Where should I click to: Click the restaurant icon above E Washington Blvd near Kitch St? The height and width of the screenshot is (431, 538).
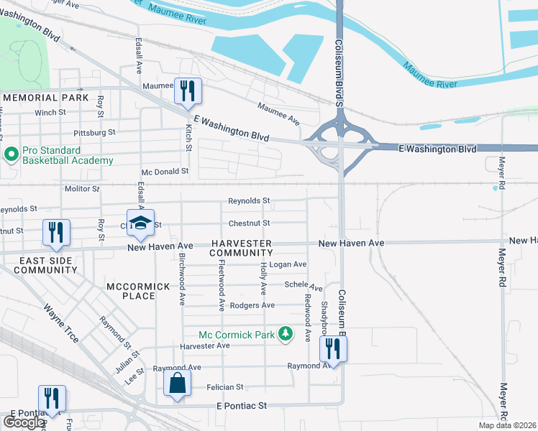click(188, 91)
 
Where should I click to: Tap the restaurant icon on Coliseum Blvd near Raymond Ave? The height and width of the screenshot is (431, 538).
click(334, 348)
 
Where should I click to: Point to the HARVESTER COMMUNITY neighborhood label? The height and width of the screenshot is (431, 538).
click(241, 248)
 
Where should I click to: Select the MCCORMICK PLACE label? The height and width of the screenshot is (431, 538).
click(138, 287)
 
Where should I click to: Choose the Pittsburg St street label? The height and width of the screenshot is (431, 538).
click(94, 133)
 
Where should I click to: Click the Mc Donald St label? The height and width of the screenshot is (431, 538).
click(165, 172)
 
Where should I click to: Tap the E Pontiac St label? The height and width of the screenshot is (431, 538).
click(242, 406)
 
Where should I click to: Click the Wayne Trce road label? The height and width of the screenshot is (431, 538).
click(62, 323)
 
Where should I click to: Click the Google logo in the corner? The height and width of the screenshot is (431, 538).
click(24, 422)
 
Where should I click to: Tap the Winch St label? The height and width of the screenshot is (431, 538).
click(50, 113)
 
